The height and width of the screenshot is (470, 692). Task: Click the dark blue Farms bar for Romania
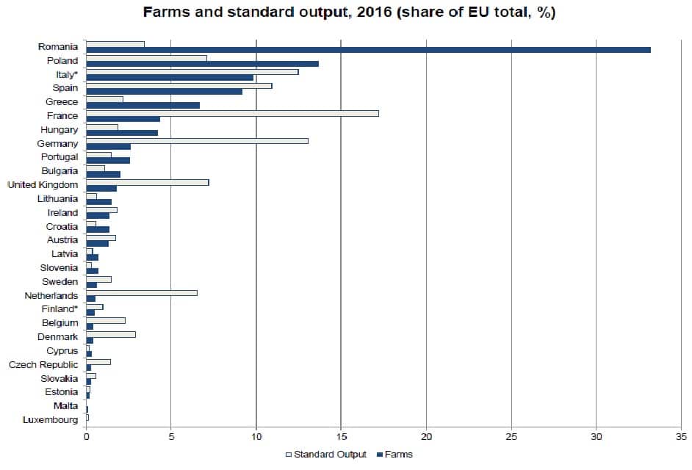click(x=367, y=50)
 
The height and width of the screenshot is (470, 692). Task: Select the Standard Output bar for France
click(x=232, y=113)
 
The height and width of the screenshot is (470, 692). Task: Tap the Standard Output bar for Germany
click(x=197, y=141)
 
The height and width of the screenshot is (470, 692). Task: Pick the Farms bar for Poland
click(x=202, y=64)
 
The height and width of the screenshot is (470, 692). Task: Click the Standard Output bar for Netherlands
click(x=142, y=293)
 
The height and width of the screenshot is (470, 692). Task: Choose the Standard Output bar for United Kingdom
click(x=147, y=182)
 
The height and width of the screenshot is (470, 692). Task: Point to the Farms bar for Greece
click(x=143, y=105)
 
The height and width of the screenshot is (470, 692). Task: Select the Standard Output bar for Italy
click(x=192, y=72)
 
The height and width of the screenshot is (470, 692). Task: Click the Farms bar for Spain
click(x=164, y=91)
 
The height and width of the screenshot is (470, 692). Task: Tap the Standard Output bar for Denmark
click(x=111, y=334)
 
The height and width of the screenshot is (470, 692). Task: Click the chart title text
click(x=349, y=13)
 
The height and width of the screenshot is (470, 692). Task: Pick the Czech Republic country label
click(x=43, y=364)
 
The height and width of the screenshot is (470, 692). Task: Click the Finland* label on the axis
click(x=60, y=308)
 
